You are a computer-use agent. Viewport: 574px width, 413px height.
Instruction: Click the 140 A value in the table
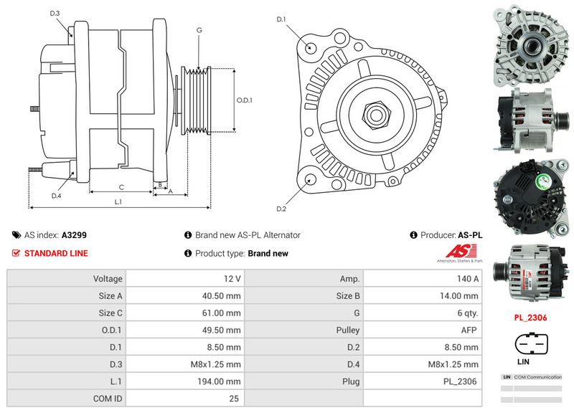click(469, 278)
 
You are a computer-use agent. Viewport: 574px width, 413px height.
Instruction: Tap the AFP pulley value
click(469, 330)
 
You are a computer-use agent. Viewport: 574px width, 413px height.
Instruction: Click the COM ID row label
click(108, 399)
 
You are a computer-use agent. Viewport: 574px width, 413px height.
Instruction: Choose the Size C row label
click(110, 313)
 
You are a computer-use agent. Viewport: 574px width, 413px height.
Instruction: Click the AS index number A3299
click(75, 234)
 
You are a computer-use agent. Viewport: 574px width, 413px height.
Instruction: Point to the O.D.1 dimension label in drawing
click(245, 100)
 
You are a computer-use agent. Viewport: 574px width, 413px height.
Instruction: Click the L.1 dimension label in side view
click(118, 202)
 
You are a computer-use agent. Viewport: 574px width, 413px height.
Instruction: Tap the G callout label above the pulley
click(199, 30)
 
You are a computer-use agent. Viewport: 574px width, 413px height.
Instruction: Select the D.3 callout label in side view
click(55, 14)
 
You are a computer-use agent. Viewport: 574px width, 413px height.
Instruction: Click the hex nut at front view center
click(374, 113)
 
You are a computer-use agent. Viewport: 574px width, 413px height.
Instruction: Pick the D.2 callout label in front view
click(281, 209)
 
